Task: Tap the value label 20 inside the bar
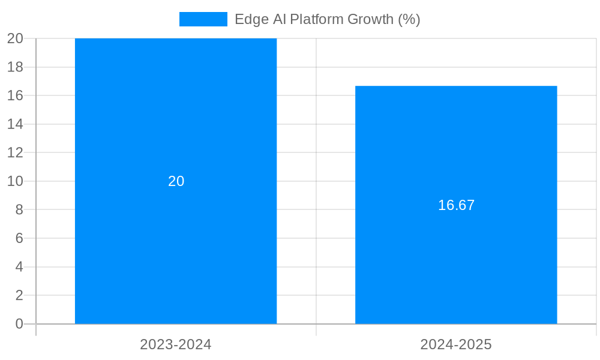(176, 181)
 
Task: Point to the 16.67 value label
(456, 205)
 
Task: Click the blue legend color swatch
(203, 19)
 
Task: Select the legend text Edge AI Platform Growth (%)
(327, 19)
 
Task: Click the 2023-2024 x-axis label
(176, 344)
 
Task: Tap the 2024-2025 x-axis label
(456, 344)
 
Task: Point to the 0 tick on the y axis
(19, 324)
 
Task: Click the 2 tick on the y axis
(19, 295)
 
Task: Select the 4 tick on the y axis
(19, 266)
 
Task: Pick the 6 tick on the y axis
(19, 238)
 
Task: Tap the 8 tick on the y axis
(19, 209)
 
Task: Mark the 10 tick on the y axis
(16, 181)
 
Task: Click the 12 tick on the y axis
(16, 152)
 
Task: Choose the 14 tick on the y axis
(16, 124)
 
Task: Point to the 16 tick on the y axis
(16, 95)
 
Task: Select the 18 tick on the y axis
(16, 67)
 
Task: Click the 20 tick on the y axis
(16, 38)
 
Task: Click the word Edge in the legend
(248, 19)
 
